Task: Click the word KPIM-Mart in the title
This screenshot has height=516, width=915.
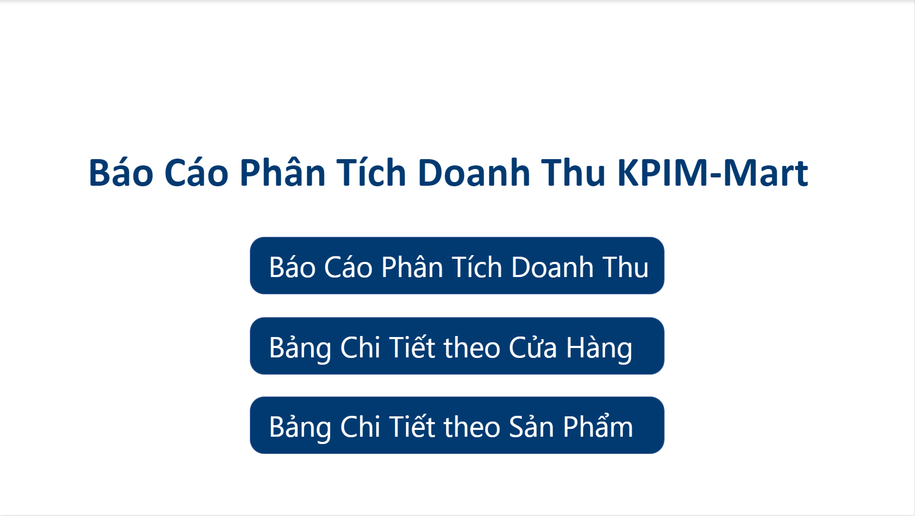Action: tap(713, 173)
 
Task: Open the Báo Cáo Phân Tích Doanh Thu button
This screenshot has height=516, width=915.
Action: tap(457, 266)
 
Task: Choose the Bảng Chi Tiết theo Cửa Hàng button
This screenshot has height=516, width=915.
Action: tap(457, 346)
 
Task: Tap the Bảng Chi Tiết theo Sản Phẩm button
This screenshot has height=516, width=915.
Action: tap(457, 425)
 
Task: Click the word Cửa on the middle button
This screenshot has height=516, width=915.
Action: tap(533, 347)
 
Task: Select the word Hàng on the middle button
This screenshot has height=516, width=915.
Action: tap(599, 348)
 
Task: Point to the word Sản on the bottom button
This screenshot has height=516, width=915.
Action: tap(531, 426)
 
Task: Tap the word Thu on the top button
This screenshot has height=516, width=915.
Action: tap(625, 267)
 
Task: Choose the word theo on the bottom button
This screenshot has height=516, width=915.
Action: tap(472, 427)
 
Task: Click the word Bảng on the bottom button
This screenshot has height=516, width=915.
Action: tap(300, 427)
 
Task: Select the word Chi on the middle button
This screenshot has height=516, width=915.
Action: tap(360, 347)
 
